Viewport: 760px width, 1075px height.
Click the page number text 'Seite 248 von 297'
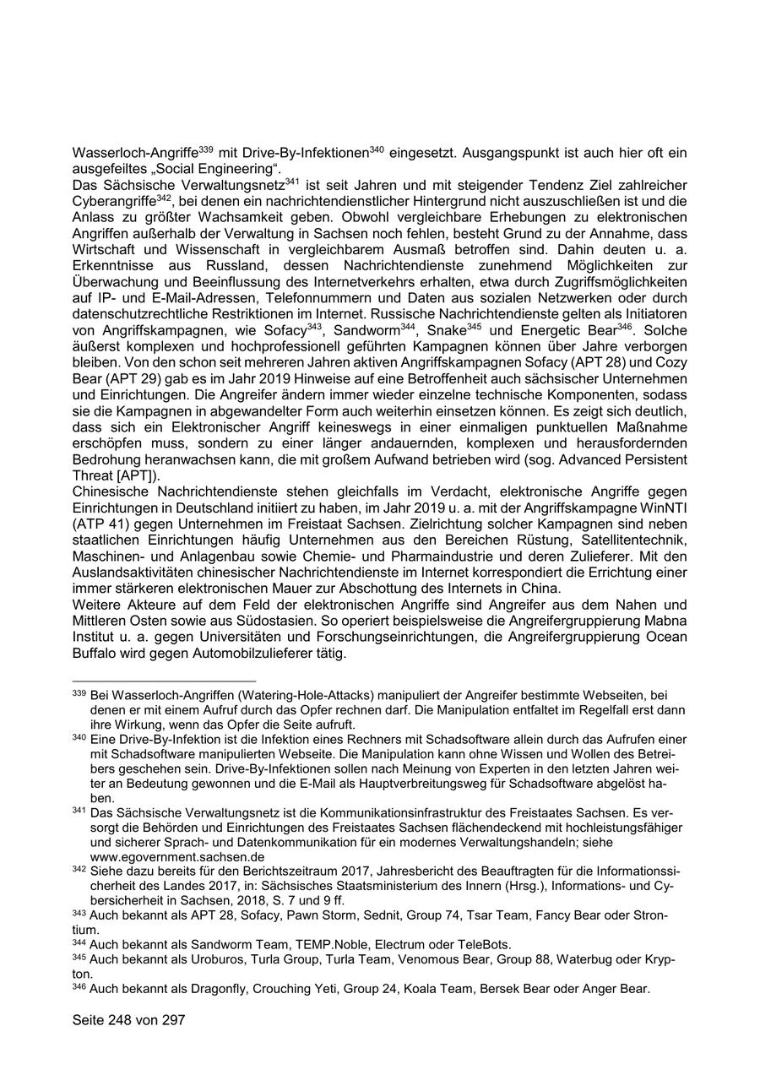click(x=128, y=1020)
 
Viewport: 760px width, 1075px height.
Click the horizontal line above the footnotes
click(x=164, y=681)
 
